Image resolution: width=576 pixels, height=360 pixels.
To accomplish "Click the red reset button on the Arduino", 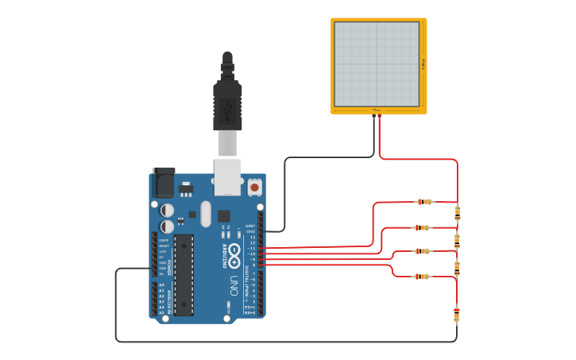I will tap(254, 188).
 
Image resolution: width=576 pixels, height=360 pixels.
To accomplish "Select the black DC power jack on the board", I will tap(163, 182).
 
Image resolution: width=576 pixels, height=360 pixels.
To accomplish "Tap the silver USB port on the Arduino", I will tap(227, 176).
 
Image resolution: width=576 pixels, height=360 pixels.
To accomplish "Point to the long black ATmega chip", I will tap(184, 274).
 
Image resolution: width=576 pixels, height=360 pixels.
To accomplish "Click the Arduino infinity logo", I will tap(235, 252).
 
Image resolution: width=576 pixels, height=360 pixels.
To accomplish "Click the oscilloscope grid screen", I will tap(376, 64).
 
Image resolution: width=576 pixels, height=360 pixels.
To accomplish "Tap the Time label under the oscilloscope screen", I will tap(376, 110).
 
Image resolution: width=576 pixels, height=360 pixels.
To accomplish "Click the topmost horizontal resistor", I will tap(426, 202).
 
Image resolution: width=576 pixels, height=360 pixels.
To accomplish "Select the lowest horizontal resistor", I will tap(422, 277).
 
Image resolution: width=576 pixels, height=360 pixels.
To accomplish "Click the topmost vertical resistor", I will tap(457, 212).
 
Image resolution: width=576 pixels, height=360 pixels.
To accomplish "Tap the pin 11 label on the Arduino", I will tap(253, 248).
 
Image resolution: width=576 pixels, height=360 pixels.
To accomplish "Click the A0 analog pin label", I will tap(162, 285).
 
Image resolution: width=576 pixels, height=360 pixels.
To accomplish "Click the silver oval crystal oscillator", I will tap(206, 213).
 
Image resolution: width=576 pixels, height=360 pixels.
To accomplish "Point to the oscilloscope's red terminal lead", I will tap(379, 118).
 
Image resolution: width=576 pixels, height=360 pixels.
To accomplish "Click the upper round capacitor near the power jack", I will tap(167, 211).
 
